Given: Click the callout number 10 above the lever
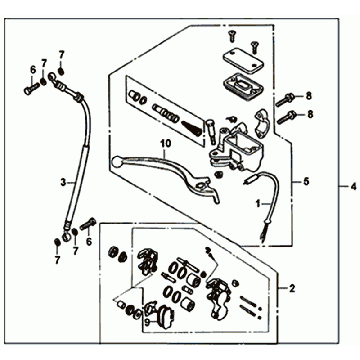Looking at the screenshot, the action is pyautogui.click(x=166, y=144).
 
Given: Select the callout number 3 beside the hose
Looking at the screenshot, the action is pyautogui.click(x=63, y=182).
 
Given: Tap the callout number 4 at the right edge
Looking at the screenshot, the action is pyautogui.click(x=353, y=187).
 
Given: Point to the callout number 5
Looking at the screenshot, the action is pyautogui.click(x=306, y=182).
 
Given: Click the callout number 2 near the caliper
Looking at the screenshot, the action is pyautogui.click(x=292, y=289).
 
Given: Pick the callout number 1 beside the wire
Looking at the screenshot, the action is pyautogui.click(x=257, y=203).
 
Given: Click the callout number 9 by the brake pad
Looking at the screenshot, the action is pyautogui.click(x=147, y=322).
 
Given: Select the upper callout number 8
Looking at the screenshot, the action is pyautogui.click(x=309, y=97).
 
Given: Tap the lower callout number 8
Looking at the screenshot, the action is pyautogui.click(x=310, y=115).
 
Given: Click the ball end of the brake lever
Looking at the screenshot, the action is pyautogui.click(x=116, y=162).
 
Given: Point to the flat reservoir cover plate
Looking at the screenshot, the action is pyautogui.click(x=243, y=61).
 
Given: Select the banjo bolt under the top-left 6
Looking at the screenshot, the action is pyautogui.click(x=31, y=89).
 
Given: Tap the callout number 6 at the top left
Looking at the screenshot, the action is pyautogui.click(x=33, y=70).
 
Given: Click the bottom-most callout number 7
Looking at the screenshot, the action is pyautogui.click(x=57, y=259).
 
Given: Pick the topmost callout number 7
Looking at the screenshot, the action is pyautogui.click(x=61, y=54).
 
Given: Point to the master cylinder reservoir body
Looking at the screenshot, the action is pyautogui.click(x=241, y=148).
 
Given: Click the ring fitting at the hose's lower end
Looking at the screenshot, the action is pyautogui.click(x=67, y=236).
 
